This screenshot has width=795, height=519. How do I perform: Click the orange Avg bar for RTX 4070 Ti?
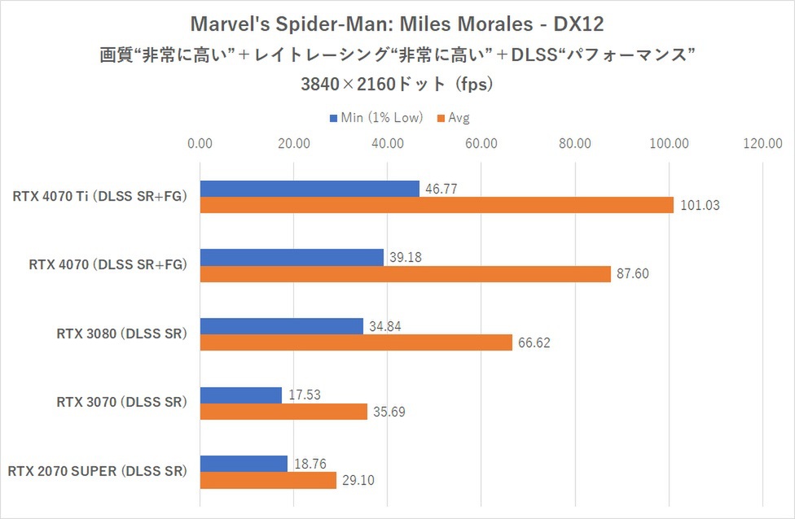(437, 205)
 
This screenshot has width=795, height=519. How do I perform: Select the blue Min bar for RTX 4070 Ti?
(310, 189)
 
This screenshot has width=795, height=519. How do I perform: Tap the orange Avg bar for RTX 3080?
(356, 342)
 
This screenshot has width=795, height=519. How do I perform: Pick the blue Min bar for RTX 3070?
(240, 395)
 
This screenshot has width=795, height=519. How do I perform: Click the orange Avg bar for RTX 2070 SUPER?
(268, 480)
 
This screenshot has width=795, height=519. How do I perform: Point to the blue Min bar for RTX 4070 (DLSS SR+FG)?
(292, 257)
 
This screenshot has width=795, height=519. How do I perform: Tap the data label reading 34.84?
(386, 326)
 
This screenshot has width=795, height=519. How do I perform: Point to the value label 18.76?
(311, 464)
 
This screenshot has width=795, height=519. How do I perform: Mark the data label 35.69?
(390, 412)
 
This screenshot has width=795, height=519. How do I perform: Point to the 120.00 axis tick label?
(762, 144)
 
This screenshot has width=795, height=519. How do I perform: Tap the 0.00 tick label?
(200, 144)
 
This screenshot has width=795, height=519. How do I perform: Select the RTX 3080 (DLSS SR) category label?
(122, 334)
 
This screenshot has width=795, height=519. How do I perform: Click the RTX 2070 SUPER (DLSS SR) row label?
(98, 471)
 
